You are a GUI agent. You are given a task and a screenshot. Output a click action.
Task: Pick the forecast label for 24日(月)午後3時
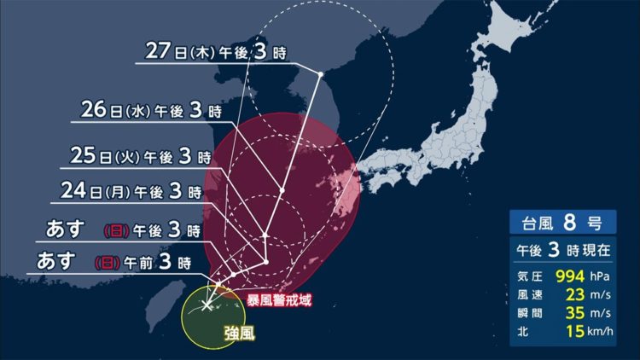pos(131,191)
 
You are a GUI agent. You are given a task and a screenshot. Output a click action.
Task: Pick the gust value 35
pos(567,313)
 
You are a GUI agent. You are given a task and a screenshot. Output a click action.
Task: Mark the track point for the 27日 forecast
pos(319,76)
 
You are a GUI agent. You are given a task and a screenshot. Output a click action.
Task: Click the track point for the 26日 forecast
pos(281,188)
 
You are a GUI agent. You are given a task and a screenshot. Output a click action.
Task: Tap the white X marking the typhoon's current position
pos(207,305)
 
